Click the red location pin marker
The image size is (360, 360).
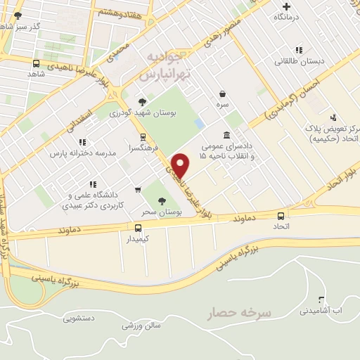coord(181,165)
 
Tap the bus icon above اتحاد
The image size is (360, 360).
coord(281,216)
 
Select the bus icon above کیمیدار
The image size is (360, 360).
coord(138,228)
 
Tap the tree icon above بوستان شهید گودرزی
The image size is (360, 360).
coord(143,101)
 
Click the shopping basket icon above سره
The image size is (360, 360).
coord(223,94)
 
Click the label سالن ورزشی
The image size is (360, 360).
coord(141,325)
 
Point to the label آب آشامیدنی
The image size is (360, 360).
coord(321,310)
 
